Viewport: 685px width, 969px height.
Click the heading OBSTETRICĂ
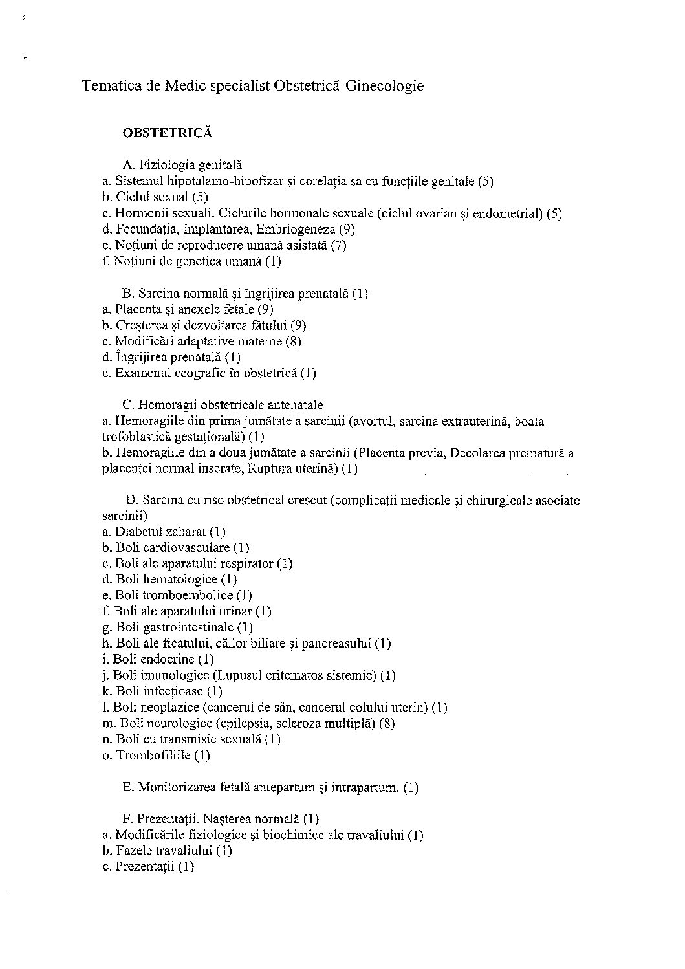tap(168, 133)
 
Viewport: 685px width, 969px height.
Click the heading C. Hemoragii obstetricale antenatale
tap(223, 406)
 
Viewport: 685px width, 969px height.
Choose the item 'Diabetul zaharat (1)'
tap(164, 532)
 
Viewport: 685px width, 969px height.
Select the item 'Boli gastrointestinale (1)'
tap(178, 627)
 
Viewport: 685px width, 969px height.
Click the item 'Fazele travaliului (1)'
tap(167, 851)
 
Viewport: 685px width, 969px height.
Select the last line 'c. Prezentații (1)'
tap(148, 867)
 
